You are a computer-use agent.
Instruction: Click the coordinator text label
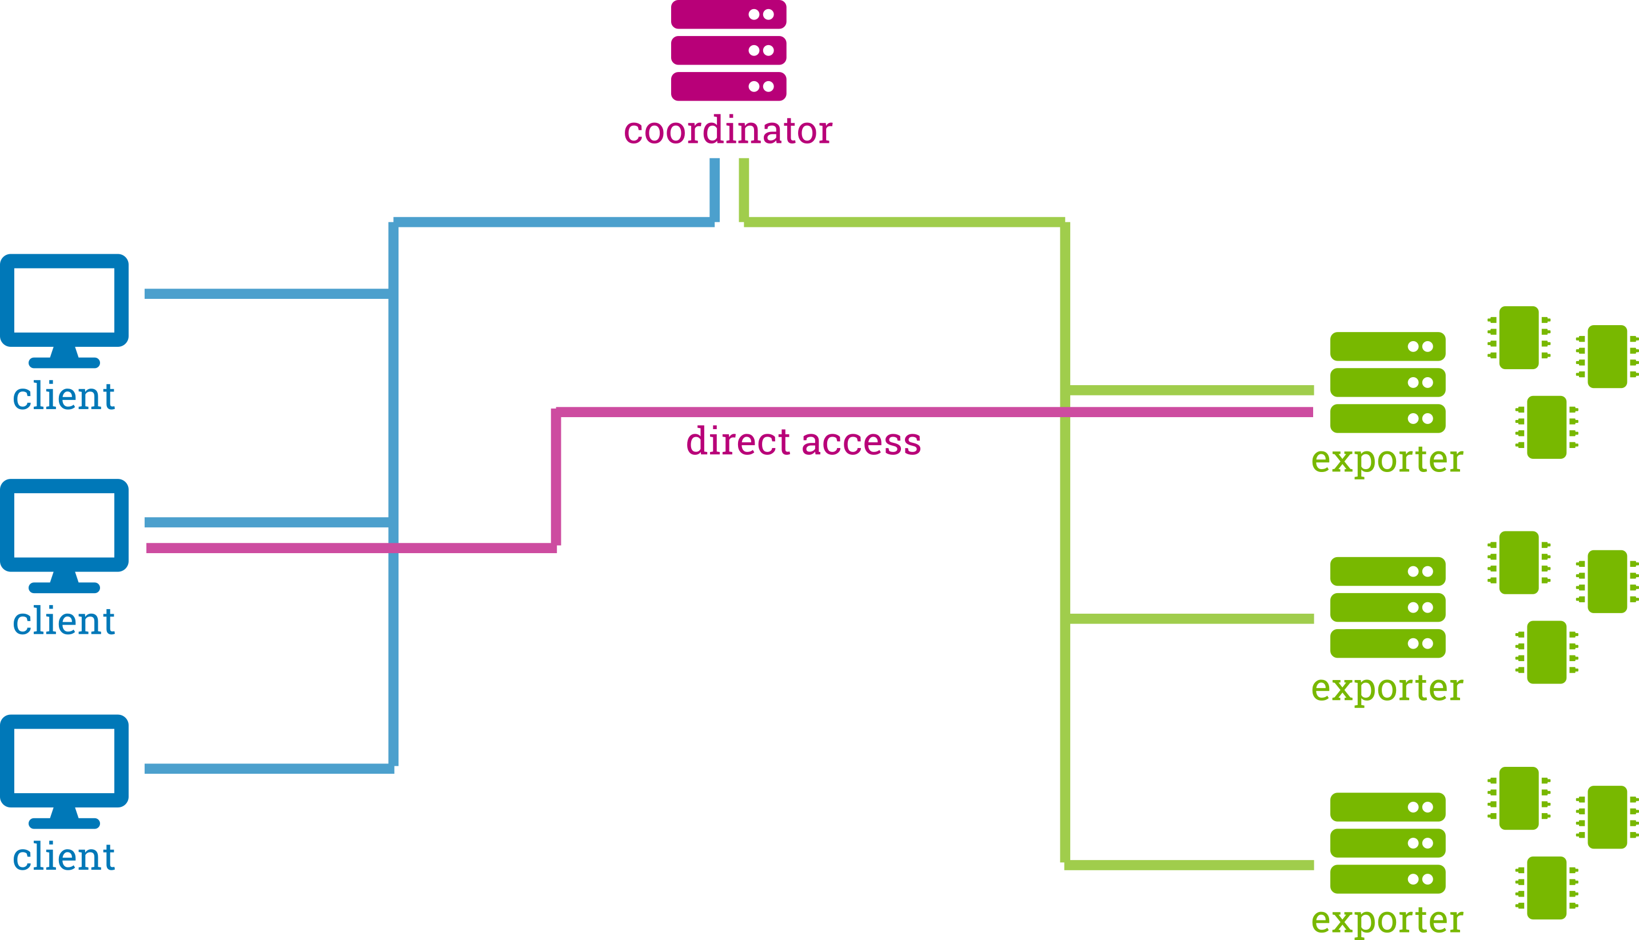pos(728,130)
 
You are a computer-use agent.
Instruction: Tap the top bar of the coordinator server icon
pos(728,14)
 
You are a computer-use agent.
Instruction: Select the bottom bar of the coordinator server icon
pos(728,86)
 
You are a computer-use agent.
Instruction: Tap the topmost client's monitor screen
pos(65,300)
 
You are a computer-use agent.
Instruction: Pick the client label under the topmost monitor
pos(64,396)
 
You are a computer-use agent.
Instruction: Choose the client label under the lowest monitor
pos(64,857)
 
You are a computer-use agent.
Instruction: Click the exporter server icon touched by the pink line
pos(1388,382)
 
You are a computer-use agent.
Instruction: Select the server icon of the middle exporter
pos(1388,607)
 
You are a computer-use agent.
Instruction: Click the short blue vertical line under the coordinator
pos(715,190)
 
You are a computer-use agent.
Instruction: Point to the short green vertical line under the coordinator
pos(744,190)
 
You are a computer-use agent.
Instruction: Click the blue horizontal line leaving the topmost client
pos(267,294)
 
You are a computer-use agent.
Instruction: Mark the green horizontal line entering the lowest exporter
pos(1190,865)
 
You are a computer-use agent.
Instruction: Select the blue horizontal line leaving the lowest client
pos(269,768)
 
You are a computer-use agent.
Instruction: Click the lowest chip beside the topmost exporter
pos(1546,427)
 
